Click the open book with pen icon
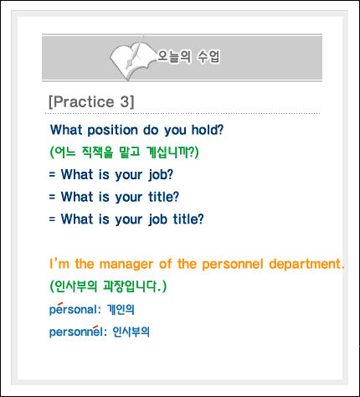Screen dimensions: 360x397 tap(131, 59)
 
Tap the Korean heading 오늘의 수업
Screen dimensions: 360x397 tap(188, 56)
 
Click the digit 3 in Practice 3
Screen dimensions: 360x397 tap(125, 101)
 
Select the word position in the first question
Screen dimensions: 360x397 tap(113, 131)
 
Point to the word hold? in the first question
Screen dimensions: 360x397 tap(208, 130)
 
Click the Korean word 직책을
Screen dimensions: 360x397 tap(97, 152)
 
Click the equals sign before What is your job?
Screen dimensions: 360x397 tap(52, 174)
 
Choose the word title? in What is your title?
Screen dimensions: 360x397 tap(163, 197)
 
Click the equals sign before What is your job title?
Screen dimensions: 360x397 tap(52, 219)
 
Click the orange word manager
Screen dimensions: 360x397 tap(126, 265)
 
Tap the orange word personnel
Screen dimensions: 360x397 tap(233, 265)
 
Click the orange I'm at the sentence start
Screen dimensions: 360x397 tap(59, 264)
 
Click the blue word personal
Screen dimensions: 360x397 tap(73, 309)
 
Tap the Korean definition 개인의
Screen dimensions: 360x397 tap(121, 309)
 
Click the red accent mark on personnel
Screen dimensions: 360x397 tap(95, 327)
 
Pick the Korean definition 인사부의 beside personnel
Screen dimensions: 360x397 tap(131, 332)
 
